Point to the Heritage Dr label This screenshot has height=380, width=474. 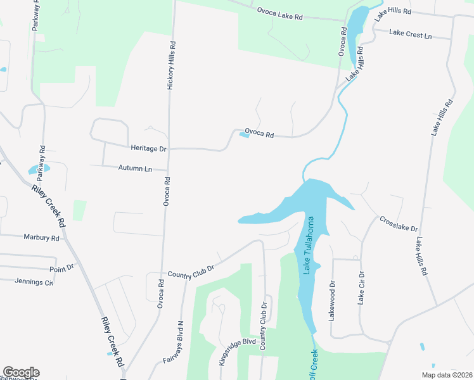tap(148, 148)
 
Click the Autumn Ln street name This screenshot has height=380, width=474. tap(136, 168)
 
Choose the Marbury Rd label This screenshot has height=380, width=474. tap(41, 238)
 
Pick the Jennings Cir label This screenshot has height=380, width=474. tap(34, 282)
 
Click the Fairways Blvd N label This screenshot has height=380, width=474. tap(181, 341)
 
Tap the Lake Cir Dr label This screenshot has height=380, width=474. tap(361, 288)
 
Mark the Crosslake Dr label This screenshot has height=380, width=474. tap(399, 224)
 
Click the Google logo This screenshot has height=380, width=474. tap(21, 372)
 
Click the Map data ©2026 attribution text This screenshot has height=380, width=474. tap(446, 375)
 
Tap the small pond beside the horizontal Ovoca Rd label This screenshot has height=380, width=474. tap(244, 134)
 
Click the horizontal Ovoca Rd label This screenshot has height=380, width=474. tap(259, 134)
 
